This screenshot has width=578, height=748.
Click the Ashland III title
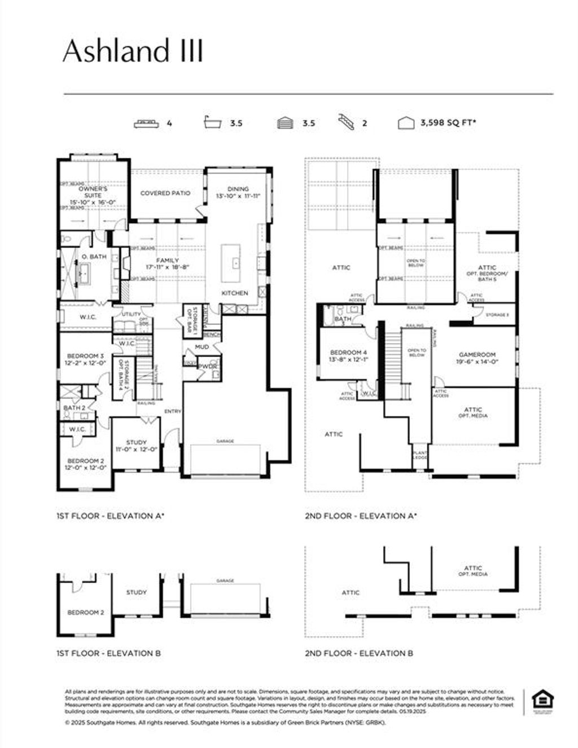coord(133,51)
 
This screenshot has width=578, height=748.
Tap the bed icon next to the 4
coord(146,123)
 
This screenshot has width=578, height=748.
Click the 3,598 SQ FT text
coord(448,122)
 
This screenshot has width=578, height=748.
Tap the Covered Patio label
coord(165,193)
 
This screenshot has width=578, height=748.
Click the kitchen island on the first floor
coord(234,263)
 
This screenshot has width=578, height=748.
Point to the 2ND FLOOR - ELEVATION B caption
coord(359,653)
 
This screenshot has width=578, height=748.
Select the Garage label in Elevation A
coord(225,441)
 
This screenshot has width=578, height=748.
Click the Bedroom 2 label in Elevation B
coord(85,612)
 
